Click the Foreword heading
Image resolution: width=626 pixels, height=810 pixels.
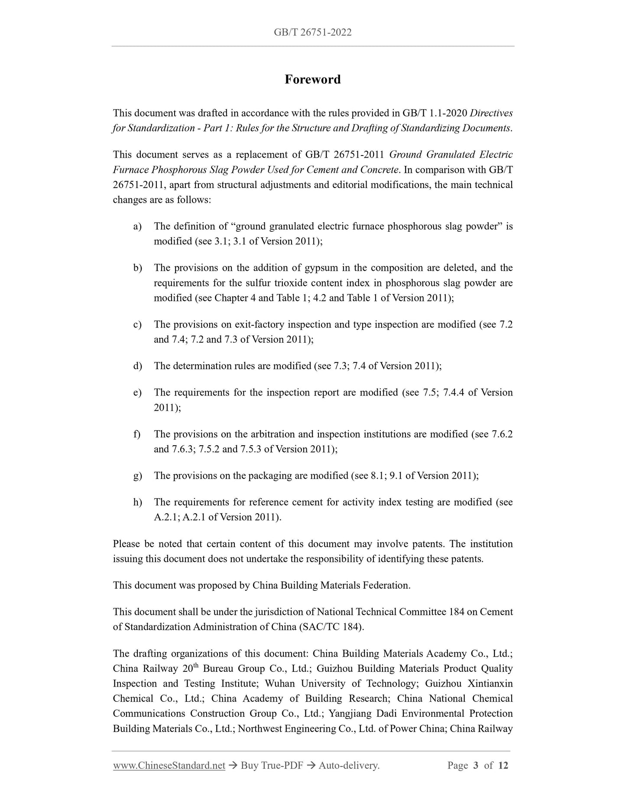[312, 80]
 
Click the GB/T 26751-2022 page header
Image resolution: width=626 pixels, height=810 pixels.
[312, 32]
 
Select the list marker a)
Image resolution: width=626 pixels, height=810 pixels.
[137, 227]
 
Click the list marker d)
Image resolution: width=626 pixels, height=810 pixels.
[137, 366]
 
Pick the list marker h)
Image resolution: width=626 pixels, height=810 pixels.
[137, 502]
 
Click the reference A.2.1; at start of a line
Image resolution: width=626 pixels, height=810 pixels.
[167, 517]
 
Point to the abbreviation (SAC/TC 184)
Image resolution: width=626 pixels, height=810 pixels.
[332, 627]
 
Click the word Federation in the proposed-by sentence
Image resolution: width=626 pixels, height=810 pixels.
[386, 586]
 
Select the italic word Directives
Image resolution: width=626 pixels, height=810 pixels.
[491, 113]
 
